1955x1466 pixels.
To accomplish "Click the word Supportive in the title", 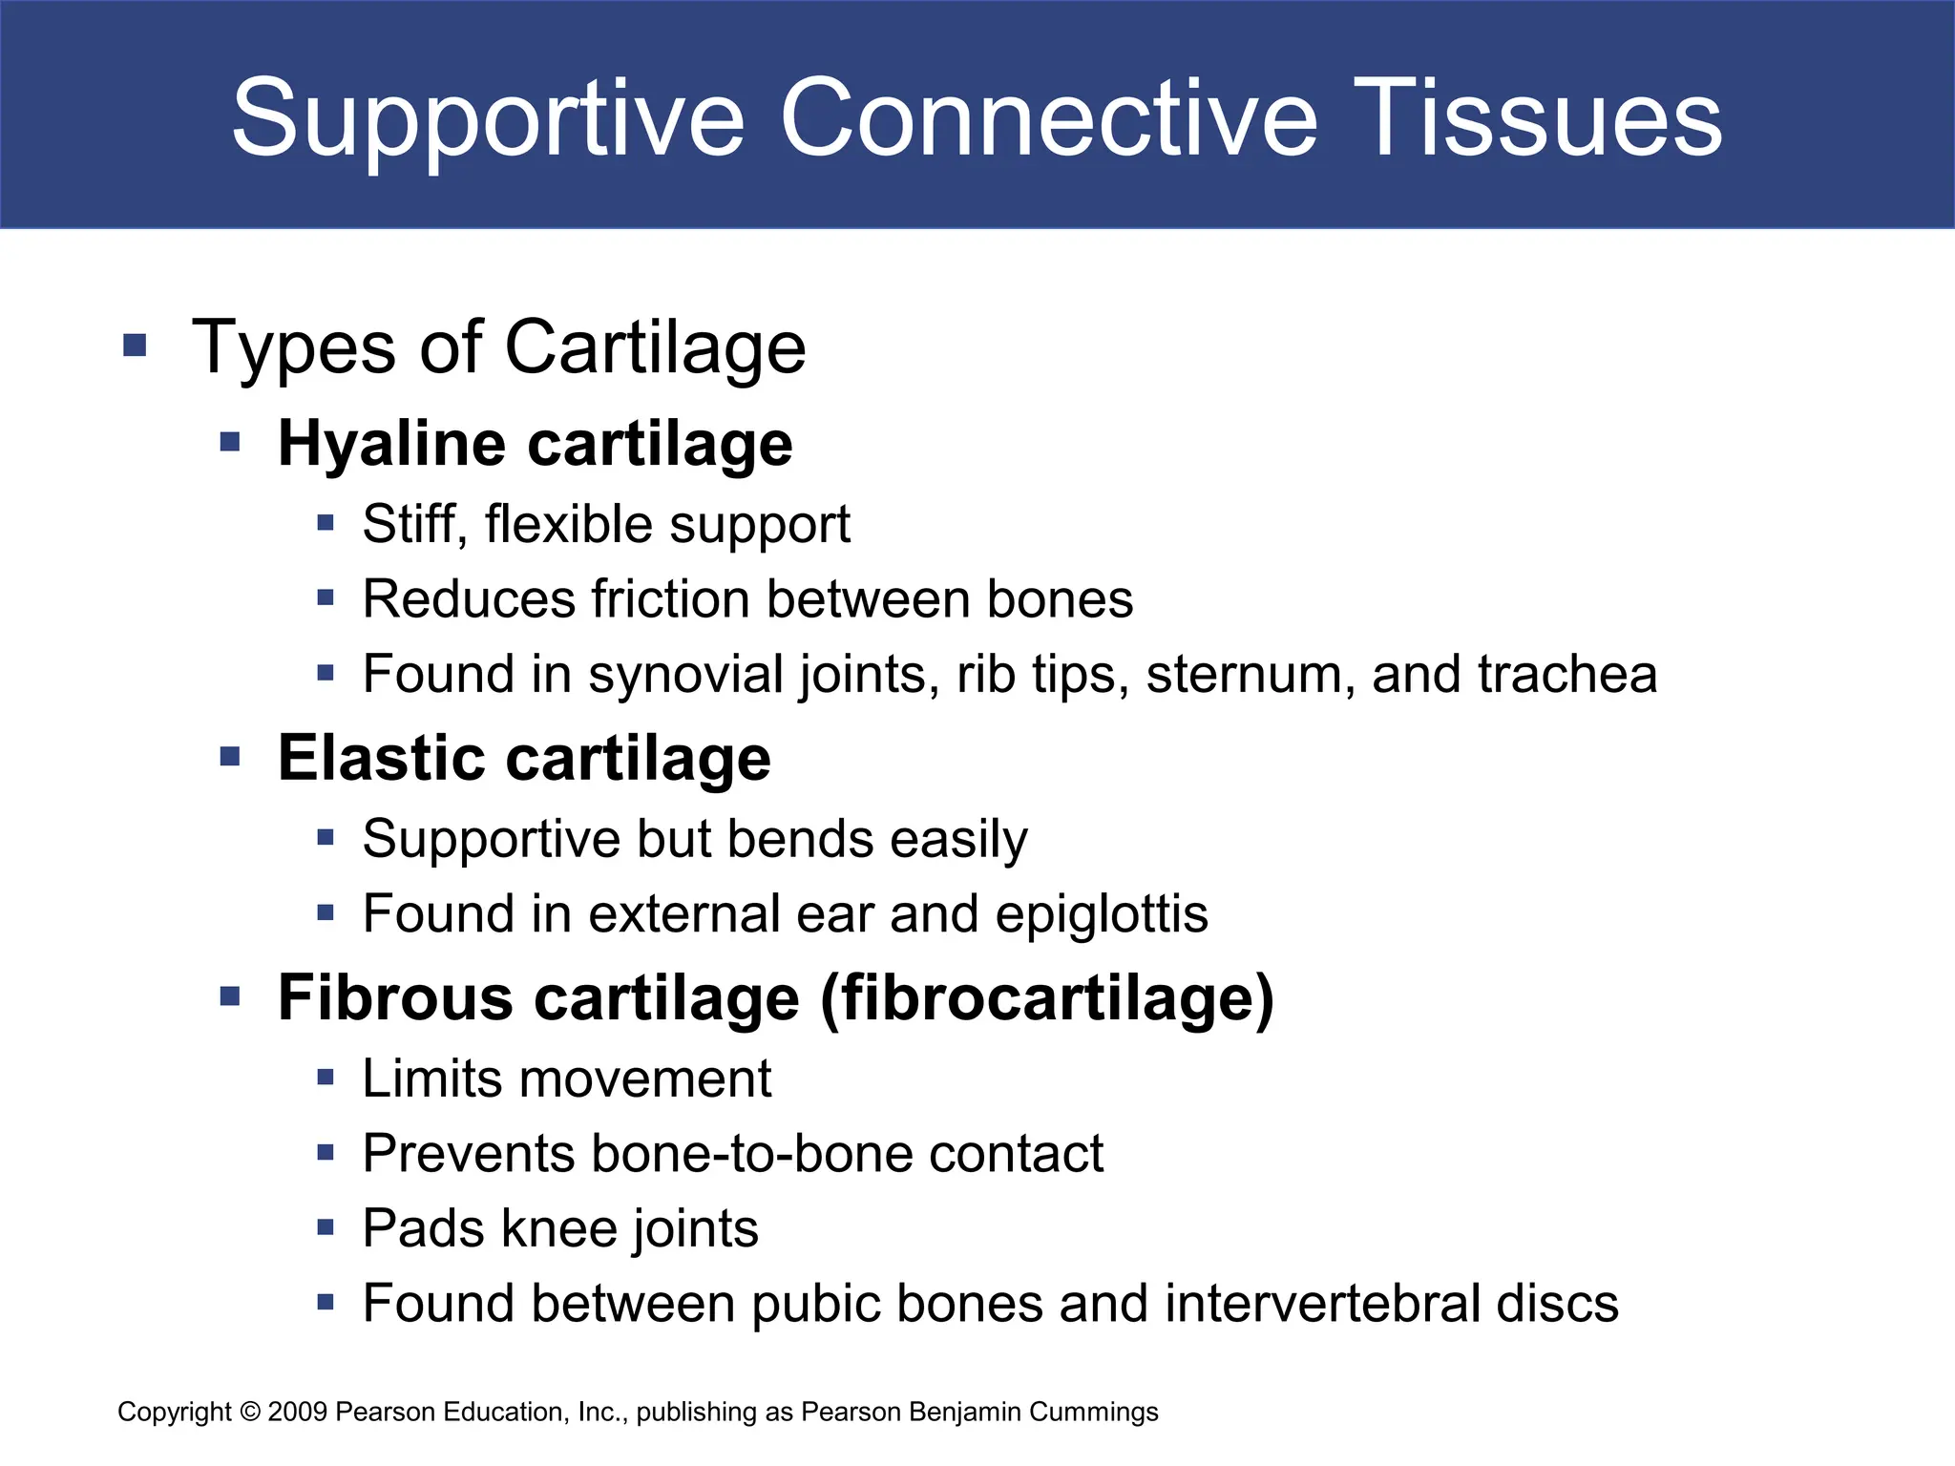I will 487,118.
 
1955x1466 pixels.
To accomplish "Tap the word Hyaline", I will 391,445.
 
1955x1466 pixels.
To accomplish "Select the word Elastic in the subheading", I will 380,759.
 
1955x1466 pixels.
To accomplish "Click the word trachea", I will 1566,674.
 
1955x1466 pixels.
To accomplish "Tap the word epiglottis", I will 1102,914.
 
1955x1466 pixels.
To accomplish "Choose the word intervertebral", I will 1322,1304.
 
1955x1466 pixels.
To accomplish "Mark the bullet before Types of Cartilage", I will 135,345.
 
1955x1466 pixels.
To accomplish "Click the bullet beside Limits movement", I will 326,1079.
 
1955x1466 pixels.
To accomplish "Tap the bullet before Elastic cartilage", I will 229,757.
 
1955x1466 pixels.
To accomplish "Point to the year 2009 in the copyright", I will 298,1412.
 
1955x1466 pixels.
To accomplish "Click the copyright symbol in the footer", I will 250,1412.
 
